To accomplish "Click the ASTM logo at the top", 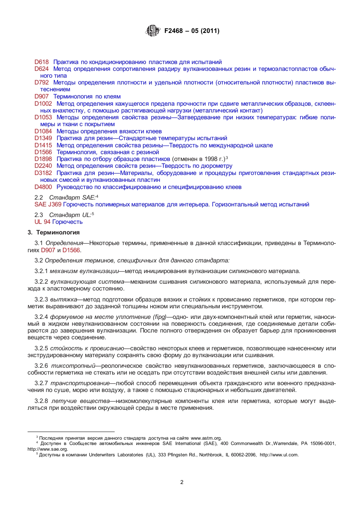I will click(x=153, y=31).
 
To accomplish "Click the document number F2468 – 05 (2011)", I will click(x=192, y=31).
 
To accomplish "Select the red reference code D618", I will click(x=41, y=62).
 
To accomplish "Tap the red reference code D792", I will click(x=41, y=83).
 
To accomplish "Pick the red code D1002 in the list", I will click(x=43, y=104).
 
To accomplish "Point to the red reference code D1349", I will click(x=43, y=138).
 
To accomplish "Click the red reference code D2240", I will click(x=43, y=166).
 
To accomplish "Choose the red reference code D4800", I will click(x=43, y=187).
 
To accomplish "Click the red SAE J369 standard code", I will click(x=48, y=205).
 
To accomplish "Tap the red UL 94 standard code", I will click(x=42, y=222).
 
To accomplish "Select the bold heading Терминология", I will click(x=58, y=233).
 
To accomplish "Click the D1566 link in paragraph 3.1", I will click(x=71, y=250).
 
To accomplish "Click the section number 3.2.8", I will click(x=41, y=401).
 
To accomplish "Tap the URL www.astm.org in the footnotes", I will click(x=206, y=438).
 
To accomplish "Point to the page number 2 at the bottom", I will click(x=182, y=482).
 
